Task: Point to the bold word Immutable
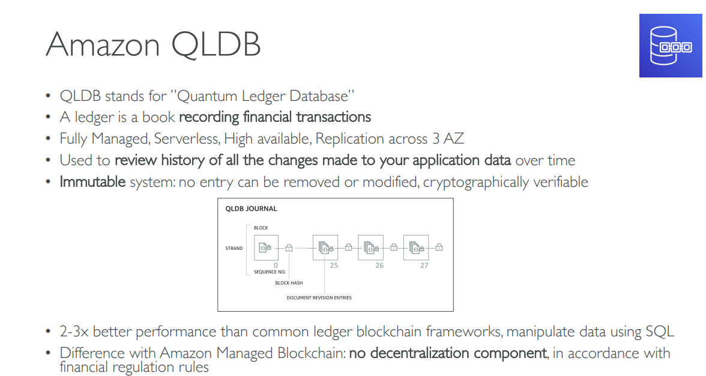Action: (x=92, y=181)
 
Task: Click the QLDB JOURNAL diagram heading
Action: (x=251, y=209)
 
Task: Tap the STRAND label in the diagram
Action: (x=234, y=248)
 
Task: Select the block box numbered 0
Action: (x=266, y=247)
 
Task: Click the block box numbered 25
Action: (x=325, y=247)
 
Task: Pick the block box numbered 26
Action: (x=370, y=247)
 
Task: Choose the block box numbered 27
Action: (x=415, y=247)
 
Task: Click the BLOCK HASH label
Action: (x=289, y=283)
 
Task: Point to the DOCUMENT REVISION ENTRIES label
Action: (x=319, y=297)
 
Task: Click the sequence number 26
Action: (x=379, y=265)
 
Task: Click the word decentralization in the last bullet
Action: (x=447, y=353)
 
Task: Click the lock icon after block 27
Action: (x=439, y=247)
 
